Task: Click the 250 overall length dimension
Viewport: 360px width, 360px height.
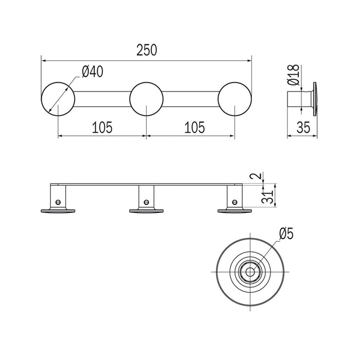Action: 147,50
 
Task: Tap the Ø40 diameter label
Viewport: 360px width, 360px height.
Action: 93,71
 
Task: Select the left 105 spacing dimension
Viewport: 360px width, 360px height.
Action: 102,128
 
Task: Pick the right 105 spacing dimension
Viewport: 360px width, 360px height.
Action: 194,128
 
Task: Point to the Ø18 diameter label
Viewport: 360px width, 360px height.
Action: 294,75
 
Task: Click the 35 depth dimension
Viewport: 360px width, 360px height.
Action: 303,128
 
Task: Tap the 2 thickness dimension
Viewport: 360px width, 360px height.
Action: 258,176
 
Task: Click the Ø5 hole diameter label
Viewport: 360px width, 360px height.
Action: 286,234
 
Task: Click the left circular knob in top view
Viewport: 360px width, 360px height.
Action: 58,99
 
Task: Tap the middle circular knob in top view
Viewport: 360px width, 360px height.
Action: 147,99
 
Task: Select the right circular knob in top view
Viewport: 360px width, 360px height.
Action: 235,99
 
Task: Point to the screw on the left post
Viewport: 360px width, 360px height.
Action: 58,202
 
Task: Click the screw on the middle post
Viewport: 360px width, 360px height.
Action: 146,202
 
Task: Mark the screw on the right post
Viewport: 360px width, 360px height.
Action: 235,202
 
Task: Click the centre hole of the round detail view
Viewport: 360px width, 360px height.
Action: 250,272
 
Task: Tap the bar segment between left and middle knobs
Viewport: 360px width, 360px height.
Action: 102,99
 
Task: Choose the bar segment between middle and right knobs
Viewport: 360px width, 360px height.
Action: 191,99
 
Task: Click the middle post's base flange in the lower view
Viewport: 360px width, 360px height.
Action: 146,211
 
